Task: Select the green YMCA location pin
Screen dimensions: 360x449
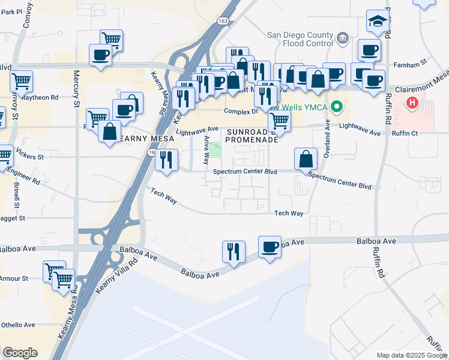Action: [x=337, y=108]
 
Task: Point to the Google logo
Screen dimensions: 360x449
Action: [x=20, y=353]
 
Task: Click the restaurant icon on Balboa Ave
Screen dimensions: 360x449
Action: [x=234, y=251]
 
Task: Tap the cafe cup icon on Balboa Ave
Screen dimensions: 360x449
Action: [x=270, y=247]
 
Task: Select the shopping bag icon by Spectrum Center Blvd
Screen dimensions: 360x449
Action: [x=306, y=159]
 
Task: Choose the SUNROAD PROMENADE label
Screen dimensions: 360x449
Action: [x=252, y=135]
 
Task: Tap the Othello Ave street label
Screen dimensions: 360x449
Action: [x=17, y=325]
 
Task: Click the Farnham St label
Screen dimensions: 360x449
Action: [x=409, y=62]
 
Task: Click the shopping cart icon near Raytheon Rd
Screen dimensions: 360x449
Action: [x=21, y=81]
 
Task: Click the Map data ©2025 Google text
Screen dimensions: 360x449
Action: [x=411, y=355]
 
